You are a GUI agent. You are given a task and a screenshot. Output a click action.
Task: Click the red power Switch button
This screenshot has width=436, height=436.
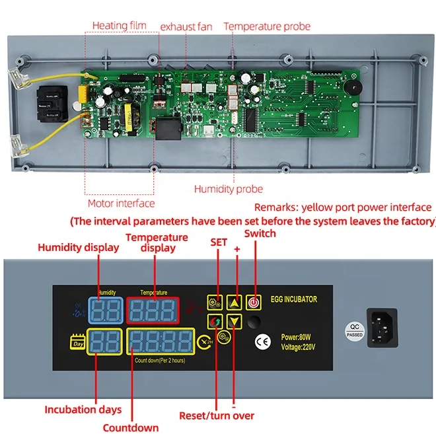(x=252, y=303)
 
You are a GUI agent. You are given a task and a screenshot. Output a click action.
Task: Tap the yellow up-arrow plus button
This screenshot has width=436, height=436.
(x=233, y=303)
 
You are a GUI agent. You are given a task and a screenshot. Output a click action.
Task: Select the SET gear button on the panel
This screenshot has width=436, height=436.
(x=214, y=303)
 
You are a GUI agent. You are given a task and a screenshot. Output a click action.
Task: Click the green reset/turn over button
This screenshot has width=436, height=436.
(x=214, y=322)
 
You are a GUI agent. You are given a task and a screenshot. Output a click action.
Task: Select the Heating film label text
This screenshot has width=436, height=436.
(x=118, y=26)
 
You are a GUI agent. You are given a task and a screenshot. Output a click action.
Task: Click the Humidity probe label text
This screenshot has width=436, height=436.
(x=228, y=189)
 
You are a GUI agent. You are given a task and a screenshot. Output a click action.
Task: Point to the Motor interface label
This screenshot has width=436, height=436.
(x=121, y=203)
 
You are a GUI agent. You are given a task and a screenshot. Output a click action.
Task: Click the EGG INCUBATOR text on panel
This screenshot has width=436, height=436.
(x=294, y=299)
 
